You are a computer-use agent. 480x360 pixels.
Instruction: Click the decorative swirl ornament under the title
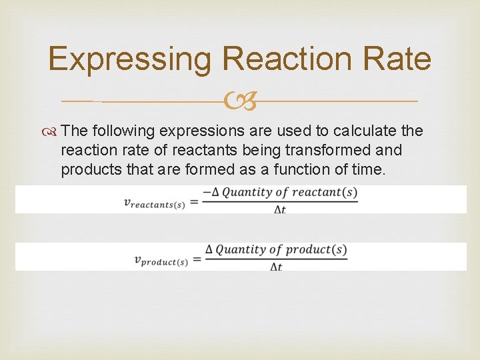click(240, 101)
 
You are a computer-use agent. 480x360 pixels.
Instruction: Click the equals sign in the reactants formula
click(193, 201)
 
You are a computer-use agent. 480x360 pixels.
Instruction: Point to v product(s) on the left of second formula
click(161, 259)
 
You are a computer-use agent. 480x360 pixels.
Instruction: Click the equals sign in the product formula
click(198, 258)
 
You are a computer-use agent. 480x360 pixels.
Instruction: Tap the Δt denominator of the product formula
click(276, 266)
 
